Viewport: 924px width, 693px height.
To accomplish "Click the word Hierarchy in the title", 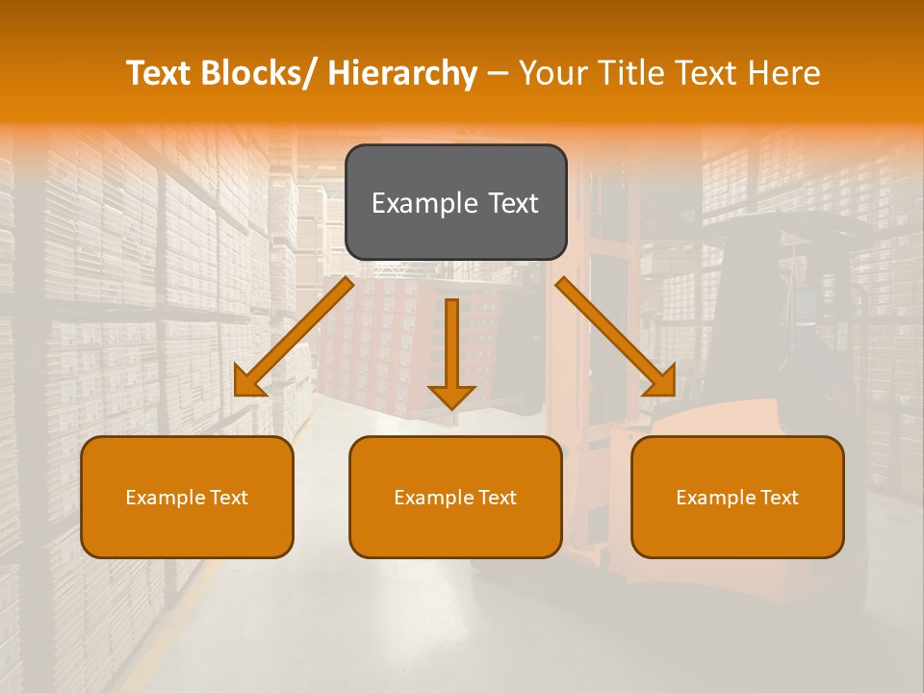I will pyautogui.click(x=402, y=73).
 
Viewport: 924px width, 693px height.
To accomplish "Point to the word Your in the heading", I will pyautogui.click(x=552, y=73).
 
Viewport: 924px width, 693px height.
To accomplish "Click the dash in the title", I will pyautogui.click(x=498, y=73).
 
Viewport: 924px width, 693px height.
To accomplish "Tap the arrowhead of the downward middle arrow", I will pyautogui.click(x=451, y=395).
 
